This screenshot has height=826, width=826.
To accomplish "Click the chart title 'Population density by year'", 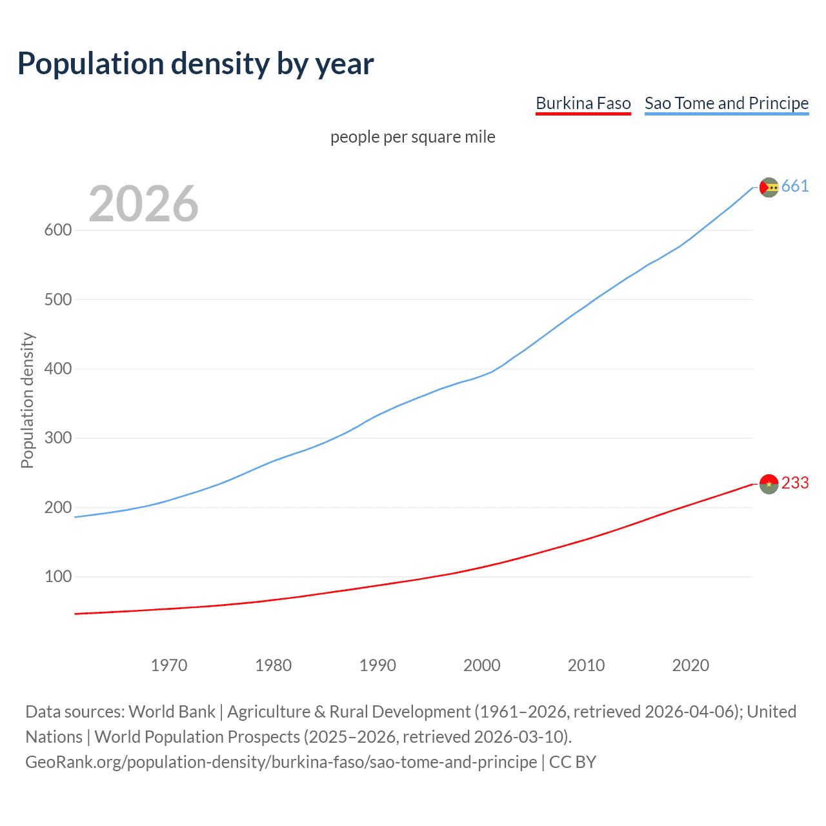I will pos(196,64).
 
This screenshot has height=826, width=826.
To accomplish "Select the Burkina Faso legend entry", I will pos(583,103).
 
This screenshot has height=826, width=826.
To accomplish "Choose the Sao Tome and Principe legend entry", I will pos(726,103).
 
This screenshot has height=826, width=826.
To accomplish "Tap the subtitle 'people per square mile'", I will pos(412,137).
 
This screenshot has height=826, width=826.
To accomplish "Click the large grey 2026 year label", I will pos(143,204).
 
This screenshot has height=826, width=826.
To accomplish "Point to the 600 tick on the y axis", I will pos(57,230).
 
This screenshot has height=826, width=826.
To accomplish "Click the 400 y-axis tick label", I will pos(57,369).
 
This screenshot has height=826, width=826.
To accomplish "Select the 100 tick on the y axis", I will pos(57,576).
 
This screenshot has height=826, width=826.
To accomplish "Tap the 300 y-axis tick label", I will pos(57,438).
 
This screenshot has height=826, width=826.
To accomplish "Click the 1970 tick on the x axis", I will pos(169,665).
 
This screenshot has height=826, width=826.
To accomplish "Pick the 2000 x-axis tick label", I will pos(481,665).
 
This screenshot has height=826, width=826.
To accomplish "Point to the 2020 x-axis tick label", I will pos(690,665).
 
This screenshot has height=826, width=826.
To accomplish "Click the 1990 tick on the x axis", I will pos(378,665).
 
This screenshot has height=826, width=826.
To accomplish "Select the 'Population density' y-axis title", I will pos(27,400).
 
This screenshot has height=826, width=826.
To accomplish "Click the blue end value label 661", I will pos(794,186).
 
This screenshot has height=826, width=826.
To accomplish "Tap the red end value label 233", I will pos(794,483).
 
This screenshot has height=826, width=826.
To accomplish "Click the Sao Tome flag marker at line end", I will pos(769,187).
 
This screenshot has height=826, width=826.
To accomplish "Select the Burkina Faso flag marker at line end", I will pos(769,483).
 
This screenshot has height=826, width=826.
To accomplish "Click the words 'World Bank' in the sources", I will pos(172,712).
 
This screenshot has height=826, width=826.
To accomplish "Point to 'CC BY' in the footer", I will pos(572,762).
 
